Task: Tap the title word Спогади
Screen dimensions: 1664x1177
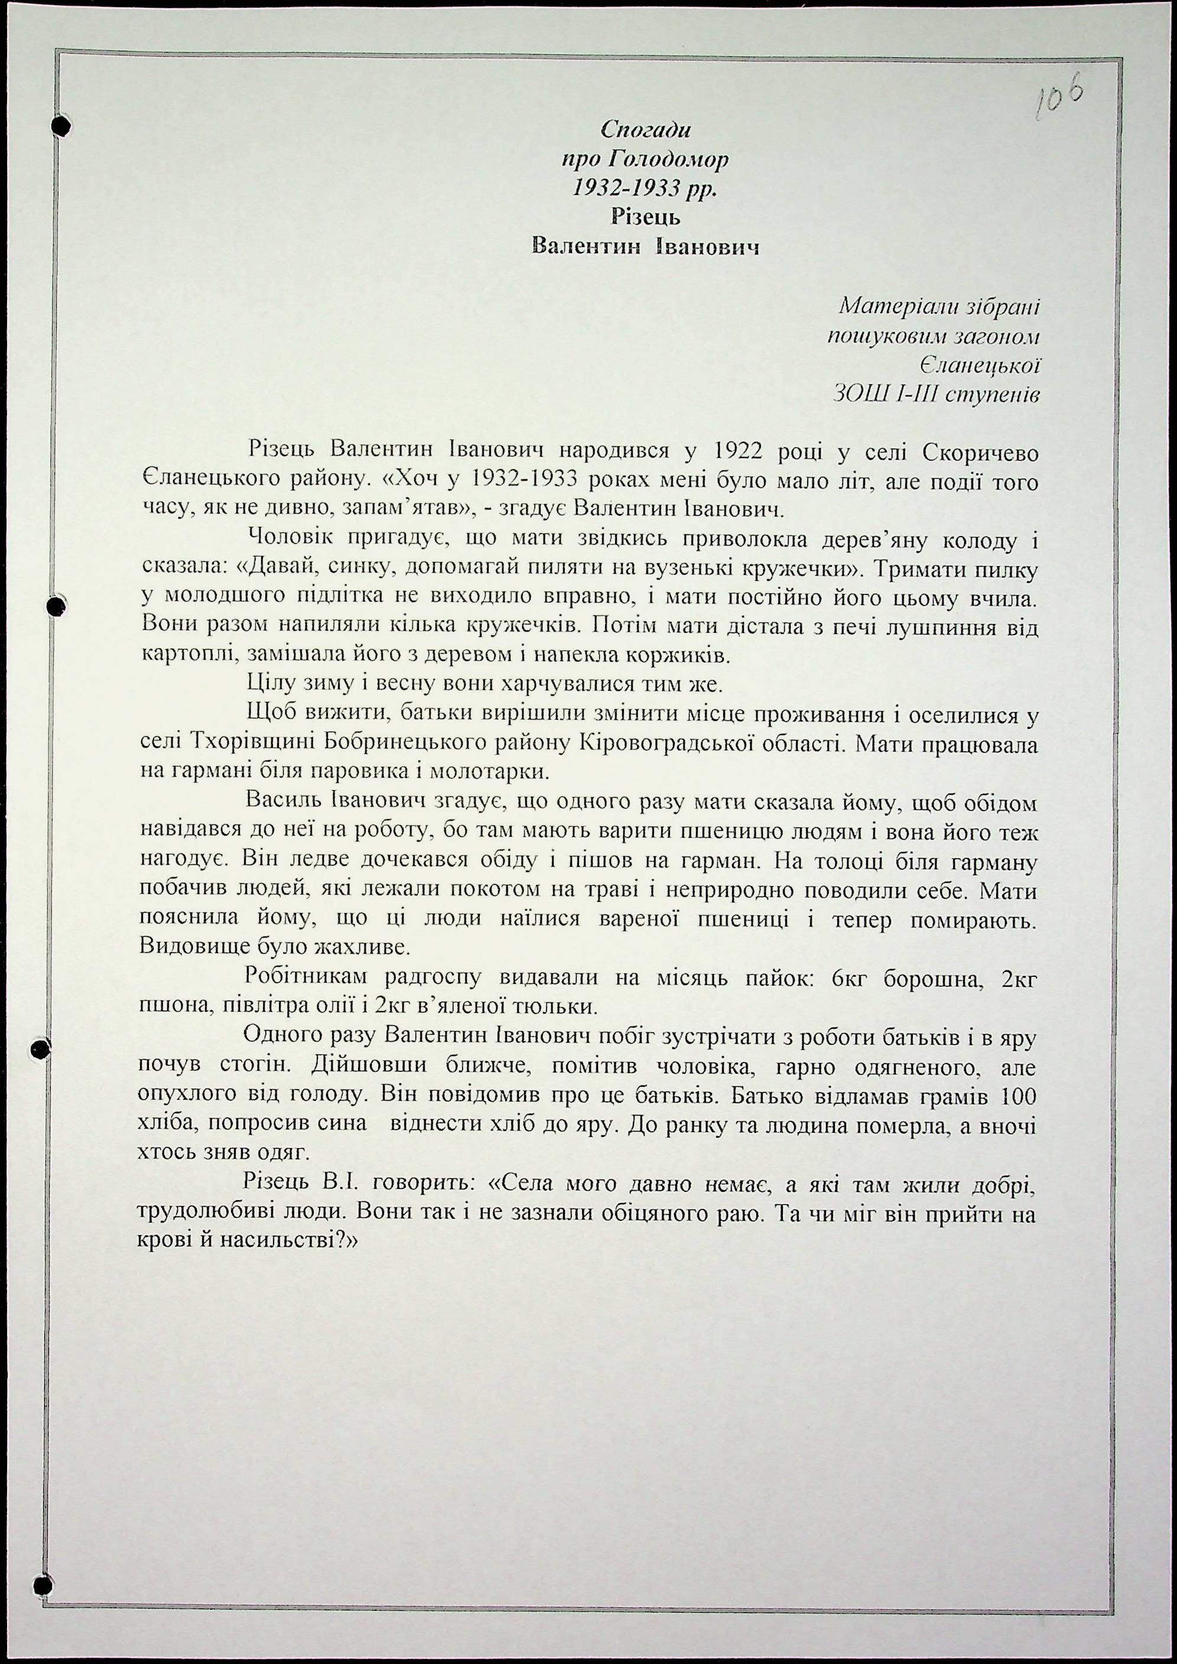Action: [645, 130]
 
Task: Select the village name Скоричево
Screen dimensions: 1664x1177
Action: [981, 452]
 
